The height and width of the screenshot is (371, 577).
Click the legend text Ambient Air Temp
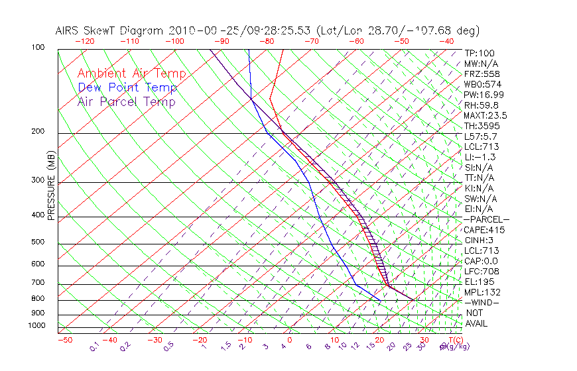click(x=131, y=74)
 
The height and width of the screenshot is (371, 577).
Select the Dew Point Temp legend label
click(x=127, y=87)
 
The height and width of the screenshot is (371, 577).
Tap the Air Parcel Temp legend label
click(x=126, y=101)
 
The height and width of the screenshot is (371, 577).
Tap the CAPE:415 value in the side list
click(x=484, y=230)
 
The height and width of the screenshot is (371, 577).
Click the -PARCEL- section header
click(x=486, y=219)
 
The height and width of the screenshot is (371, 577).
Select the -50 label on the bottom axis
click(x=64, y=340)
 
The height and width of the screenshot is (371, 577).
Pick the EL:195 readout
click(x=480, y=282)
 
